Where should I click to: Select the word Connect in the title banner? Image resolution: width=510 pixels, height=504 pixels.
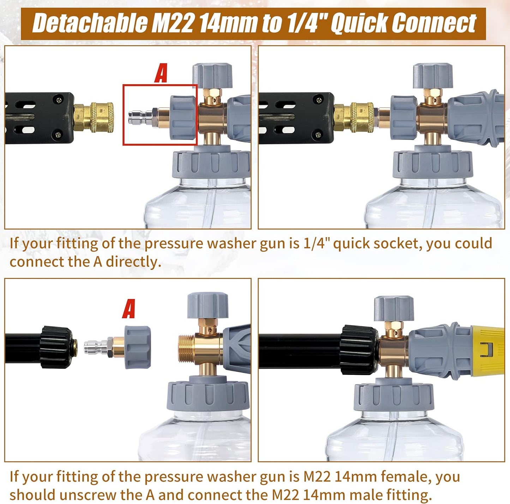[x=434, y=24]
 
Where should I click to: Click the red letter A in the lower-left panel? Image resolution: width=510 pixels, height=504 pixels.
[x=128, y=309]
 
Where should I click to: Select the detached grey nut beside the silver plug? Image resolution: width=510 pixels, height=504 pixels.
[x=138, y=347]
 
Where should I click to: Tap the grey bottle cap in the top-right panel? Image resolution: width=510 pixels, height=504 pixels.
[x=432, y=164]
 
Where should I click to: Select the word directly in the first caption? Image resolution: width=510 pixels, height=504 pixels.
[x=134, y=262]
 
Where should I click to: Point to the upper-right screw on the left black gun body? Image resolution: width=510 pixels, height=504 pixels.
[x=58, y=100]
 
